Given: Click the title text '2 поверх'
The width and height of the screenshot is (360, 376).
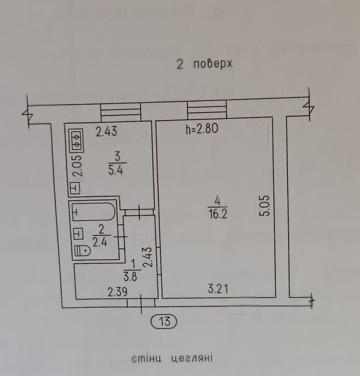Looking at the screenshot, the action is click(204, 64).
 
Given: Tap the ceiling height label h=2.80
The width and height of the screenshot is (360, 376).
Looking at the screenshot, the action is click(202, 129).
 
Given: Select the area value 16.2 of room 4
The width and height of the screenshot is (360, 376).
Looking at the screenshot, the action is click(218, 214).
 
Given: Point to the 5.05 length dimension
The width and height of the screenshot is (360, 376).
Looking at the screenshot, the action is click(265, 206).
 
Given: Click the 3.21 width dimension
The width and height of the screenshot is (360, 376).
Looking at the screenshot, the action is click(218, 289).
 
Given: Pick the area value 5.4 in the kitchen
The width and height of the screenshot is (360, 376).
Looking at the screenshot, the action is click(116, 170).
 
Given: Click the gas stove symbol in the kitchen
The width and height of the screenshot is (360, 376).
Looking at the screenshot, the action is click(76, 140).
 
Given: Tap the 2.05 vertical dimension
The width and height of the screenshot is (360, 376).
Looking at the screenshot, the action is click(77, 166).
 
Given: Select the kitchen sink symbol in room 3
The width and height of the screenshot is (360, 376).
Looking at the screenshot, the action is click(75, 188).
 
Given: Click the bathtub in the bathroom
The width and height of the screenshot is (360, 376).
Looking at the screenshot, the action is click(93, 211).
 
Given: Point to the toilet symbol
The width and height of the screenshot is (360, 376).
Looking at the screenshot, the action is click(82, 251).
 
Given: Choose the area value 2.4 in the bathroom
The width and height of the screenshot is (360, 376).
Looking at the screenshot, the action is click(100, 243).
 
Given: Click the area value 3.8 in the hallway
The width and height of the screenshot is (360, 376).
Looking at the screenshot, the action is click(130, 276).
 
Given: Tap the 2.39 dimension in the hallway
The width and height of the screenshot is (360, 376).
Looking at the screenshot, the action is click(117, 292).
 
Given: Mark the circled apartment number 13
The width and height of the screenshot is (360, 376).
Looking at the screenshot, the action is click(164, 321).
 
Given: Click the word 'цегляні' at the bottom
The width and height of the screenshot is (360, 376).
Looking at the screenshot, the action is click(192, 358).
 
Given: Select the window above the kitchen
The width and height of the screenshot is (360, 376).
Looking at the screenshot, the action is click(120, 112).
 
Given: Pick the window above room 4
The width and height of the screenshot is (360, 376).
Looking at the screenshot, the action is click(207, 109).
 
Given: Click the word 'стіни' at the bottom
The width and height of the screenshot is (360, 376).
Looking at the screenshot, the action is click(146, 358).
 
